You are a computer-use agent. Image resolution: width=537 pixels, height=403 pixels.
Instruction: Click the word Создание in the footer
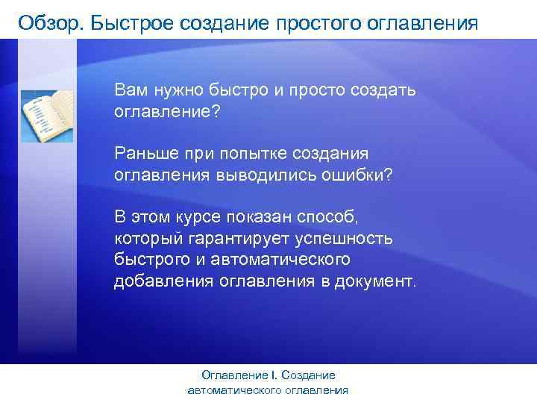tap(310, 375)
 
